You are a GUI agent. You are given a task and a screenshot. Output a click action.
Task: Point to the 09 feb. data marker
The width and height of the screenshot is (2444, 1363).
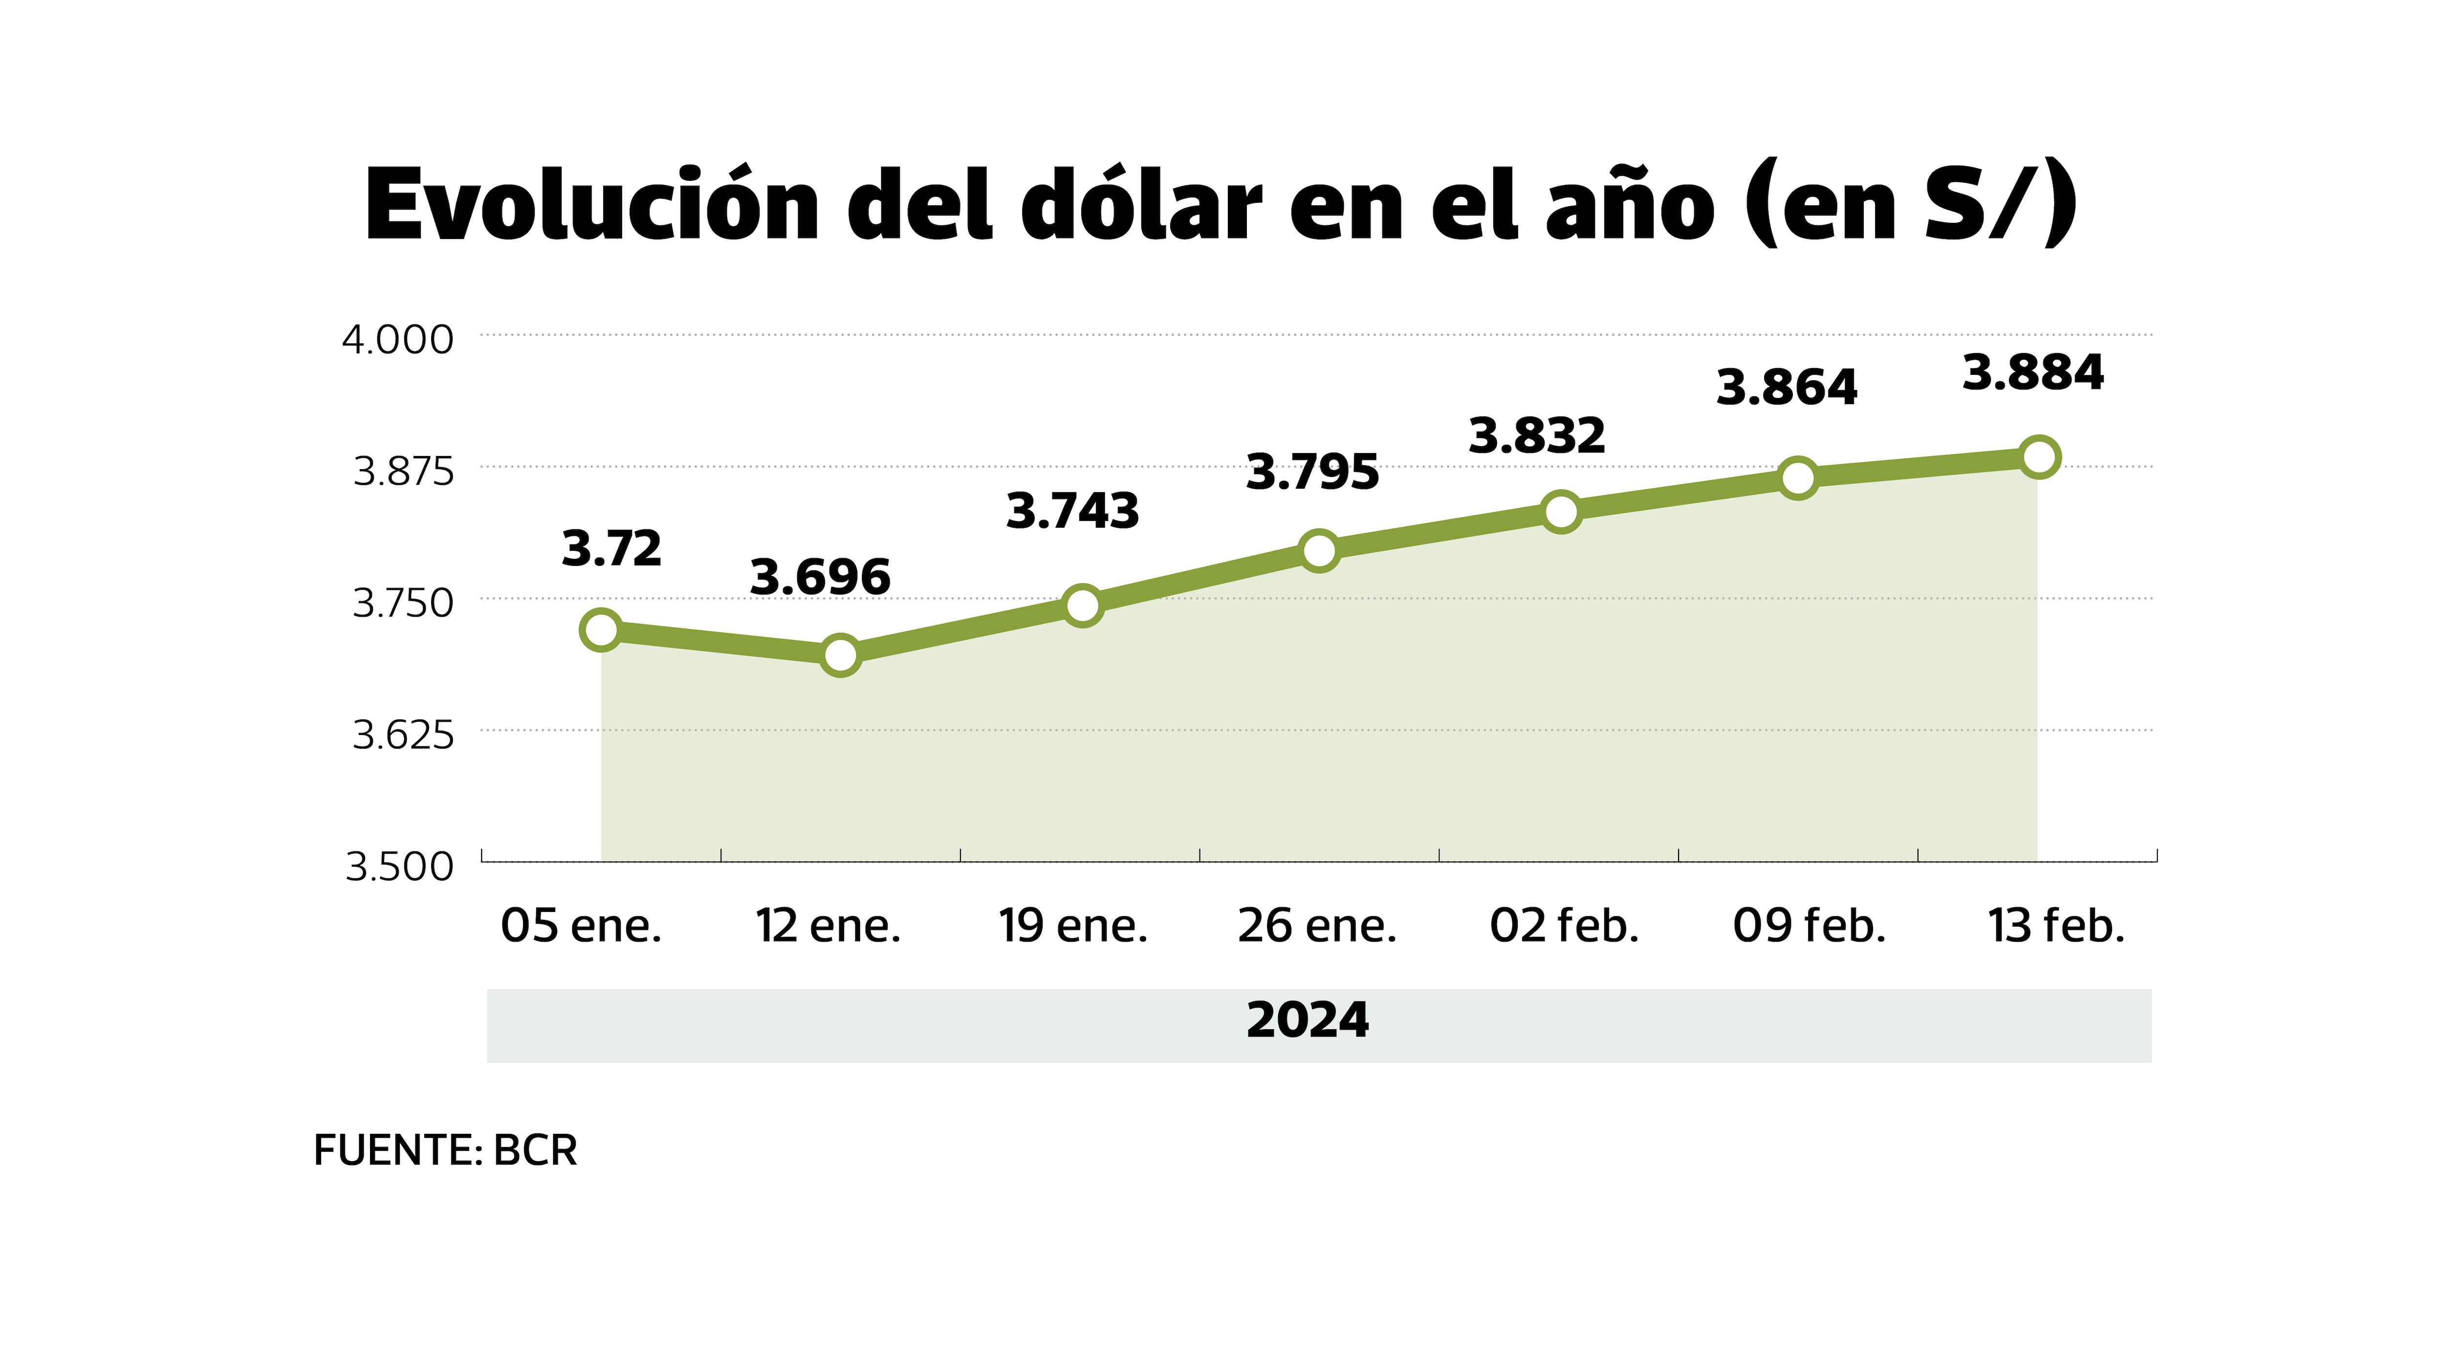coord(1798,477)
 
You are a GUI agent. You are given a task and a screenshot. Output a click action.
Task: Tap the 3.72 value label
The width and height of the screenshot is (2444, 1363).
coord(612,549)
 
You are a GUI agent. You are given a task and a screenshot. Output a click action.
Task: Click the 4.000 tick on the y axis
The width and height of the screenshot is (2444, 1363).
coord(397,340)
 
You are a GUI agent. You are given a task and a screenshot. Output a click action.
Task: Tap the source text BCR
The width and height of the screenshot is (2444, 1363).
coord(535,1150)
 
